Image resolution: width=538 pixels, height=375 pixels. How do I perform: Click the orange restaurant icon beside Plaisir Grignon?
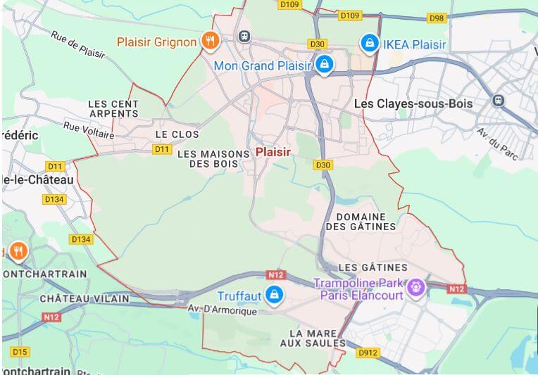(x=209, y=42)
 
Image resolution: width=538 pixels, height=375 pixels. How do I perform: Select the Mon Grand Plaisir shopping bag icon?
(x=324, y=65)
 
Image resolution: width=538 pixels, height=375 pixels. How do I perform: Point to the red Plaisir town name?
(x=273, y=152)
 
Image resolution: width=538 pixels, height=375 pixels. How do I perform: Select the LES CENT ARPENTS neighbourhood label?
(x=113, y=108)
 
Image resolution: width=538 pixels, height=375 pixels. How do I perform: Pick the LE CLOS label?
(x=177, y=134)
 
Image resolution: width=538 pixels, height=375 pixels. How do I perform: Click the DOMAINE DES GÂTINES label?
(x=361, y=222)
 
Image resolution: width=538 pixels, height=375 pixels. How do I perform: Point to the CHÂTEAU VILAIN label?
(x=85, y=298)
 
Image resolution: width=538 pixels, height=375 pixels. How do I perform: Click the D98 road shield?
(x=436, y=18)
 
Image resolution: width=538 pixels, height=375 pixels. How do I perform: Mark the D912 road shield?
(x=368, y=352)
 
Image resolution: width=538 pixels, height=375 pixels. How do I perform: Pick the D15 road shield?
(x=20, y=351)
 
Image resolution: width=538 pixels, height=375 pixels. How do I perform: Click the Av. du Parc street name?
(x=497, y=144)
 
